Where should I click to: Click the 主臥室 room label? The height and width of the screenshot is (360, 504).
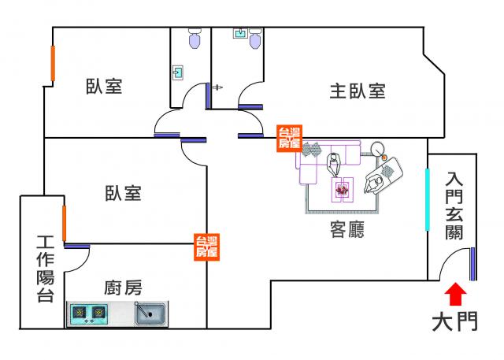pos(357,91)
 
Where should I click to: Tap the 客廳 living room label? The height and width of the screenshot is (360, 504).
pos(346,230)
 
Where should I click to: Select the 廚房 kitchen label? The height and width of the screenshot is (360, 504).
pos(122,287)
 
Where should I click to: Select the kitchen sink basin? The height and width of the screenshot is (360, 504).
pos(149,314)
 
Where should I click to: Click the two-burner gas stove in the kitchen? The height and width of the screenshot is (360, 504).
pos(89,314)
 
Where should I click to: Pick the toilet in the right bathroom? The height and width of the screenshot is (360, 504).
pos(254,39)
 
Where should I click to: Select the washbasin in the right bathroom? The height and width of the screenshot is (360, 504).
pos(239,34)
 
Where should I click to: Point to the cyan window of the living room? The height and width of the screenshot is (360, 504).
pos(427,199)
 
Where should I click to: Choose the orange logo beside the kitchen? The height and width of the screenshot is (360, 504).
pos(206,247)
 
